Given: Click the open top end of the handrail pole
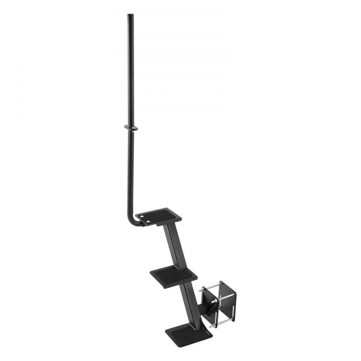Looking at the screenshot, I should [x=130, y=15].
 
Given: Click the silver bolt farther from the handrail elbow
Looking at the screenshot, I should [x=148, y=221].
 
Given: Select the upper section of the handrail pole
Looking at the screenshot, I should [x=130, y=69].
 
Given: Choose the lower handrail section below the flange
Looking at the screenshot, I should [x=130, y=170].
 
